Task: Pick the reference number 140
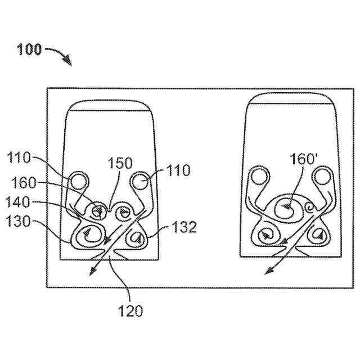pyautogui.click(x=20, y=201)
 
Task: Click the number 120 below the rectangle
pyautogui.click(x=130, y=310)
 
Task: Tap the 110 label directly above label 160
pyautogui.click(x=20, y=159)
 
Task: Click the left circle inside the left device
pyautogui.click(x=79, y=181)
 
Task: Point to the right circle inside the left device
pyautogui.click(x=140, y=181)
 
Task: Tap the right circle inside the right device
pyautogui.click(x=322, y=177)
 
